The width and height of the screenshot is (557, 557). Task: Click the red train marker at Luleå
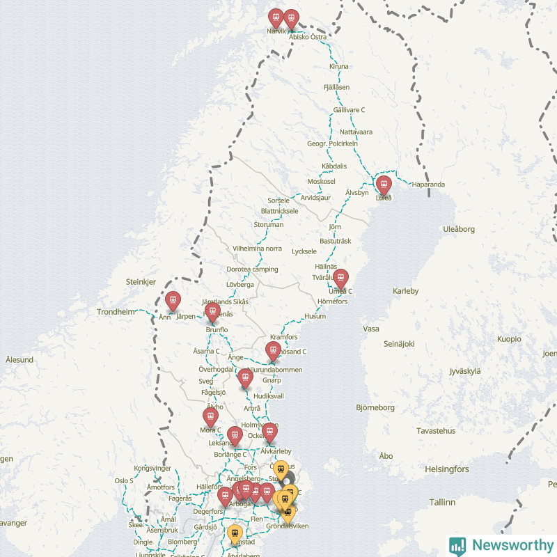384,185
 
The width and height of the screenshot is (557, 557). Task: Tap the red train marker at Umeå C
340,278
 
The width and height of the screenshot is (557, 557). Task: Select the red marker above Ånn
173,301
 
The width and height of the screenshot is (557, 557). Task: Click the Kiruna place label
338,66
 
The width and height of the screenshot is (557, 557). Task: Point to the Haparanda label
428,185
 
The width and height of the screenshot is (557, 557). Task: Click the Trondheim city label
116,312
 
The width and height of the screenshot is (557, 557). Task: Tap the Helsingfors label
446,469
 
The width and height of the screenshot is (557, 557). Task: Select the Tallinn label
441,502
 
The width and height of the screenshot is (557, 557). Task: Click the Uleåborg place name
459,229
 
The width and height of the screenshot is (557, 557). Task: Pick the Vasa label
371,329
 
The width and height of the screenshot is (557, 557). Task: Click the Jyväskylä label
465,370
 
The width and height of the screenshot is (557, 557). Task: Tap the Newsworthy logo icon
457,545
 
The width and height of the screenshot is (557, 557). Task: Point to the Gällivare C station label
349,110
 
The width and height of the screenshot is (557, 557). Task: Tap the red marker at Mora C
210,417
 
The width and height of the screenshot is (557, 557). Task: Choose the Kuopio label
509,339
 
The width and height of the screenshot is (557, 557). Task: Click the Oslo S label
124,480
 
